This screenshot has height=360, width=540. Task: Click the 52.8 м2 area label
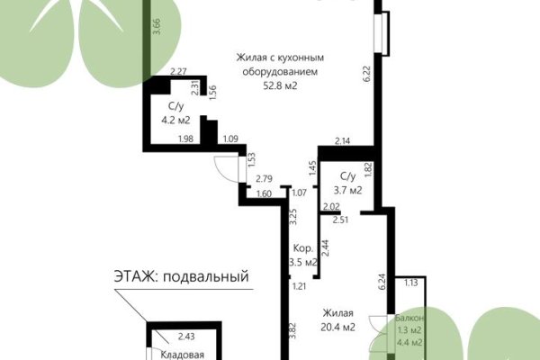click(x=279, y=86)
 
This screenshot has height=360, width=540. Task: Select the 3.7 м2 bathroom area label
click(x=346, y=190)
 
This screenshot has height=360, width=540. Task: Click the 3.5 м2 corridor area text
click(x=303, y=263)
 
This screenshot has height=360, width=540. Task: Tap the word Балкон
click(x=409, y=319)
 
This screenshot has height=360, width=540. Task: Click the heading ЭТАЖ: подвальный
click(x=180, y=276)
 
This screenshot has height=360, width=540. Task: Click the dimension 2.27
click(x=178, y=72)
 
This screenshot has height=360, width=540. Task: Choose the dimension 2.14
click(x=342, y=141)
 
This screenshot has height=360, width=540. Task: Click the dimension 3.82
click(x=292, y=330)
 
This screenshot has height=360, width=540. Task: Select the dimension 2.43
click(x=186, y=337)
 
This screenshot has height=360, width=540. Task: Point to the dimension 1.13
click(x=411, y=283)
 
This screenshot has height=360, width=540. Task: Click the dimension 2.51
click(x=340, y=219)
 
